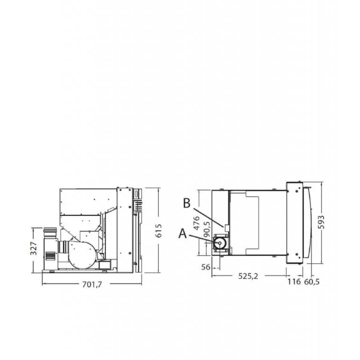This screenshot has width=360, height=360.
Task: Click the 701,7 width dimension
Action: tap(92, 285)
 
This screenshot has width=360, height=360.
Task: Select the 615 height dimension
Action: tap(159, 230)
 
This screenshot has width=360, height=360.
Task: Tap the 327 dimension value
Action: tap(33, 248)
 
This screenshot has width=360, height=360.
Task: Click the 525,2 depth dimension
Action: tap(248, 276)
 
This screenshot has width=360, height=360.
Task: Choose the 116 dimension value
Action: tap(294, 282)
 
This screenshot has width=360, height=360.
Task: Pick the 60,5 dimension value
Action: tap(312, 282)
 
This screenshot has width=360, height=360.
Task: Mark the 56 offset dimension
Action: tap(206, 267)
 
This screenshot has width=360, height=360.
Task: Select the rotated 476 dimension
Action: tap(197, 223)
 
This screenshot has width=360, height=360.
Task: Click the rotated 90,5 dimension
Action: tap(207, 229)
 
